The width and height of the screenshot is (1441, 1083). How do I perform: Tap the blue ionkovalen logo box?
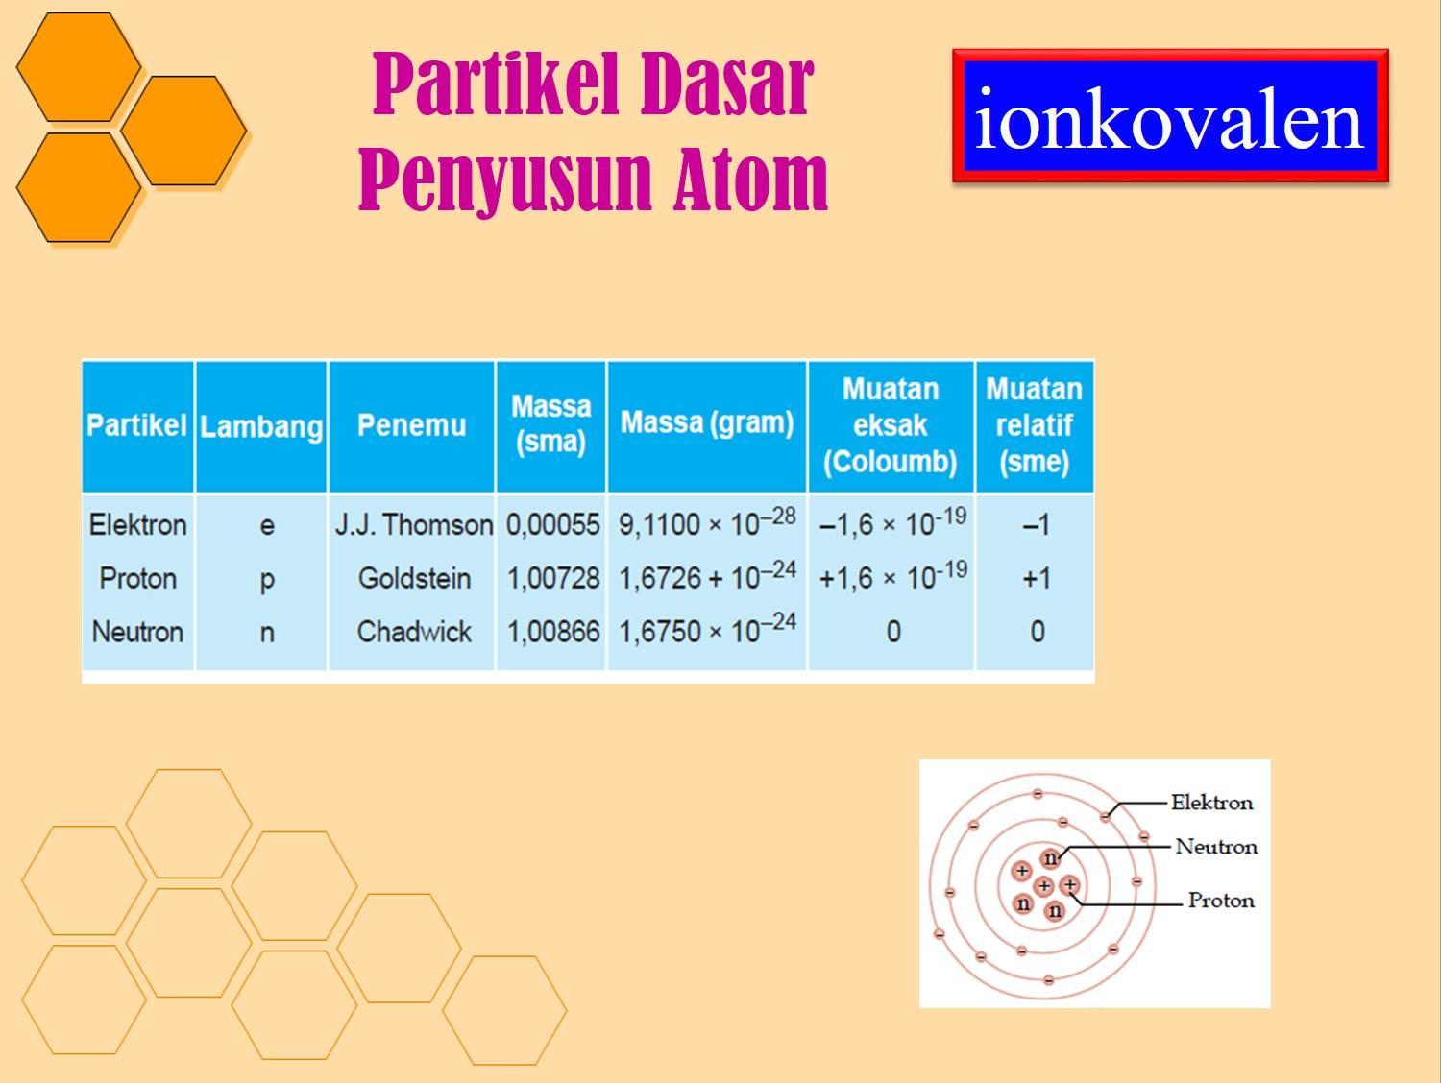tap(1169, 117)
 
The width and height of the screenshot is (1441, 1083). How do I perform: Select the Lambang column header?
tap(261, 426)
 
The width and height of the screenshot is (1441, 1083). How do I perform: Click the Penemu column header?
tap(411, 424)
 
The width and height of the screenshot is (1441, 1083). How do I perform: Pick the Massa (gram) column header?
tap(707, 422)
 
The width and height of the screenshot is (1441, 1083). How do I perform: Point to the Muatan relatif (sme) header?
tap(1034, 425)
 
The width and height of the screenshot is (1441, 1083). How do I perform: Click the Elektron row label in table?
tap(137, 524)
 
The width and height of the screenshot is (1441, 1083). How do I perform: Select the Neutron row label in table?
tap(137, 632)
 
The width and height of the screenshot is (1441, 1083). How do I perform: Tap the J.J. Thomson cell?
tap(413, 524)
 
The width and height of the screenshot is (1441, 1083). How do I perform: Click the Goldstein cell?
tap(414, 578)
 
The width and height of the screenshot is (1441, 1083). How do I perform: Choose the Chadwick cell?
tap(414, 632)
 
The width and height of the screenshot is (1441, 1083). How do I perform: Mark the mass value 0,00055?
tap(552, 524)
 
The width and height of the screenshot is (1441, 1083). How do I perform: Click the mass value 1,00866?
tap(552, 632)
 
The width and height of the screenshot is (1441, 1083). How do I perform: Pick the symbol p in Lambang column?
tap(267, 579)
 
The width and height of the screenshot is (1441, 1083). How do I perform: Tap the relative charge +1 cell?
tap(1036, 578)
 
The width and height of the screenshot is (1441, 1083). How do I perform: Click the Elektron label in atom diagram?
tap(1211, 803)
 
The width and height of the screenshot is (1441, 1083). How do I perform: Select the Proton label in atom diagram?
tap(1221, 901)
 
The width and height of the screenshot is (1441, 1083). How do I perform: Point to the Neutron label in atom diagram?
tap(1215, 847)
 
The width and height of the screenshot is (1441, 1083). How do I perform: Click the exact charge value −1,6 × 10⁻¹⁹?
tap(891, 523)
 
